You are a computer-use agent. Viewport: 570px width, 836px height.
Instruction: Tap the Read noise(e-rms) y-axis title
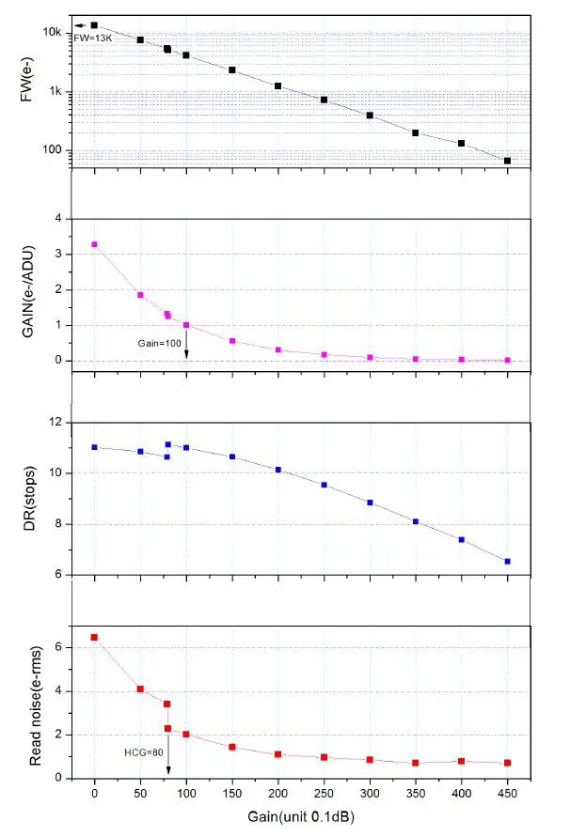pyautogui.click(x=35, y=703)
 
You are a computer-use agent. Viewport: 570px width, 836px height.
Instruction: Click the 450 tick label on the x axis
pyautogui.click(x=507, y=792)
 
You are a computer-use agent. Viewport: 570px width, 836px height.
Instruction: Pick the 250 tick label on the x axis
pyautogui.click(x=324, y=792)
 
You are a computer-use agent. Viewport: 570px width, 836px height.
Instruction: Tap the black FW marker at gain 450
pyautogui.click(x=508, y=161)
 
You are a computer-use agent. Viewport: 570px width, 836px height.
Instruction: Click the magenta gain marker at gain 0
pyautogui.click(x=94, y=244)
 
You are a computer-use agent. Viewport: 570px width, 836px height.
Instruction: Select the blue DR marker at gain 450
pyautogui.click(x=508, y=561)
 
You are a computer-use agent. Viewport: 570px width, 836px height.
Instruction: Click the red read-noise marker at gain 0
pyautogui.click(x=94, y=637)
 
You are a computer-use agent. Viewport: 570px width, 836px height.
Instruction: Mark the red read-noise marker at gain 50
pyautogui.click(x=140, y=689)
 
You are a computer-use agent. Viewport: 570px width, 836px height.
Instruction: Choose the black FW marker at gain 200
pyautogui.click(x=277, y=85)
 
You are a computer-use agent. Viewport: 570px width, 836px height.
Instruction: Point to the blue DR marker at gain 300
pyautogui.click(x=370, y=503)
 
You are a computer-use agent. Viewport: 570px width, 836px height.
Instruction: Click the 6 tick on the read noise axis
pyautogui.click(x=59, y=646)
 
